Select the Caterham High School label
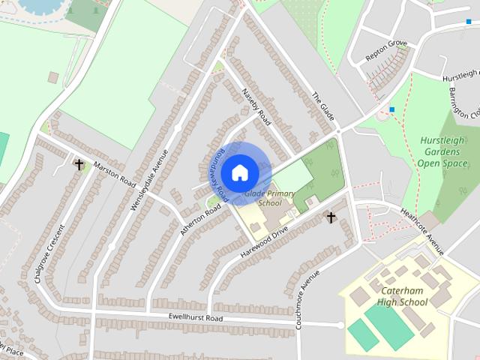[x=403, y=296]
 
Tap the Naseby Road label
[x=256, y=106]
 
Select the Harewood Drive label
[x=264, y=242]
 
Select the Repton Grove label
[x=386, y=49]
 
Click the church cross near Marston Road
[x=79, y=164]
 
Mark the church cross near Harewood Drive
[x=330, y=217]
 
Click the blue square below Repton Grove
[x=391, y=110]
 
